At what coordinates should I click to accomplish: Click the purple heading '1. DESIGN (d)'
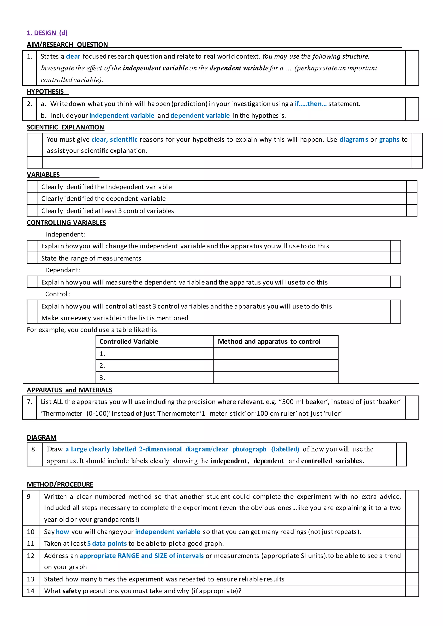[47, 33]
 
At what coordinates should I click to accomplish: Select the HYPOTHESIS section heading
[45, 92]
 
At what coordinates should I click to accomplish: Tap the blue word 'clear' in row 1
[73, 56]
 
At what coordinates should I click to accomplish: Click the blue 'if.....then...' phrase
[310, 104]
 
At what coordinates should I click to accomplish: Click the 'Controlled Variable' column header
[129, 342]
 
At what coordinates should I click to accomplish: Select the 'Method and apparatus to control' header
[269, 342]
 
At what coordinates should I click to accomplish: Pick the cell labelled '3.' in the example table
[154, 378]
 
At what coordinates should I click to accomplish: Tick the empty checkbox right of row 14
[412, 591]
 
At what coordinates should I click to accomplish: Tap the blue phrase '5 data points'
[107, 543]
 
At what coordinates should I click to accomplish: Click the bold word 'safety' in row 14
[72, 591]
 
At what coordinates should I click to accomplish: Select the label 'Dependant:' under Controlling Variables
[63, 270]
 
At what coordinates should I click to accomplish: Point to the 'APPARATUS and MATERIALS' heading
[69, 390]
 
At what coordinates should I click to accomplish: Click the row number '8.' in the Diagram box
[34, 449]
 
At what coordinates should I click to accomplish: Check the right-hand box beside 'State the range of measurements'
[396, 258]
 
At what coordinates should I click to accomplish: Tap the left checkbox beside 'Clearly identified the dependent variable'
[32, 198]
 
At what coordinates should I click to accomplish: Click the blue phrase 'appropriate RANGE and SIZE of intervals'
[142, 556]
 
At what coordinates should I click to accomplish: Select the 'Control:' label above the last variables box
[58, 294]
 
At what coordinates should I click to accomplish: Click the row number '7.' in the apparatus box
[30, 402]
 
